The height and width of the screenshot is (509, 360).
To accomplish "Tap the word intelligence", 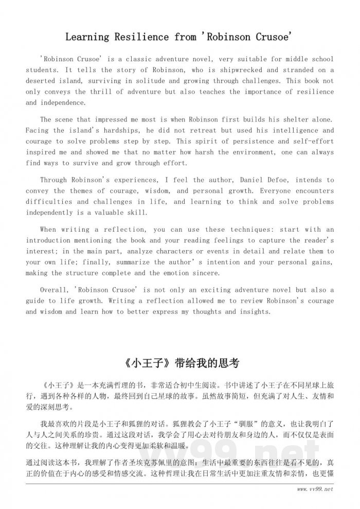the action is click(286, 130).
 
